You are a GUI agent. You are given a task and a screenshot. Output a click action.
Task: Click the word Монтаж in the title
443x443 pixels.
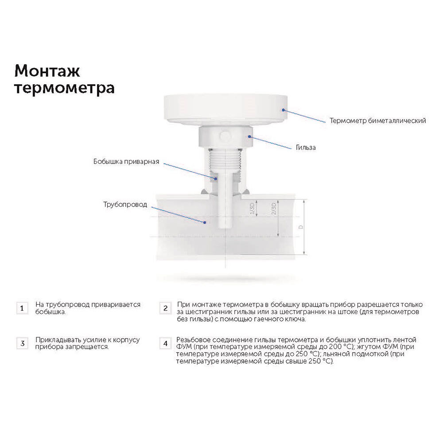[x=47, y=70]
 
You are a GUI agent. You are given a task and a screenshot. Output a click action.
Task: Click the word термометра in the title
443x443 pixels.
[x=64, y=89]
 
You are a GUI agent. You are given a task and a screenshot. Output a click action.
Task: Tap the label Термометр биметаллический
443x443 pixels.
[x=378, y=120]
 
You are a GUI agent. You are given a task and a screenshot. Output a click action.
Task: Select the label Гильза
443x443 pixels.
[x=306, y=147]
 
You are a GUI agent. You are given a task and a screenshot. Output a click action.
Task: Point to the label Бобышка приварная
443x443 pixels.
[x=126, y=162]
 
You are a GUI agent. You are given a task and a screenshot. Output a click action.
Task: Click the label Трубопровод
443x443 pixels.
[x=125, y=205]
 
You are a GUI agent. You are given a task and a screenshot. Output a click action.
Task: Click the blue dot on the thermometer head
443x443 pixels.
[x=284, y=110]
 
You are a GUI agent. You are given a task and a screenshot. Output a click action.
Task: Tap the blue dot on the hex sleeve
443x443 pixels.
[x=250, y=136]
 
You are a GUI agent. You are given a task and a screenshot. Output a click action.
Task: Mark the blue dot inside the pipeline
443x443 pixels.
[x=205, y=222]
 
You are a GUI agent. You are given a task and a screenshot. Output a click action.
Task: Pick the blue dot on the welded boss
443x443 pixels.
[x=216, y=178]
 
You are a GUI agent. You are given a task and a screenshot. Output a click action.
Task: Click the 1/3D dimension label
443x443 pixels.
[x=253, y=208]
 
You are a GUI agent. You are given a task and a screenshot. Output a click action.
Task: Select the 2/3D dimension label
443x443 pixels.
[x=273, y=208]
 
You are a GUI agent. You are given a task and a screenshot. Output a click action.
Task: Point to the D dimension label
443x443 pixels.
[x=301, y=227]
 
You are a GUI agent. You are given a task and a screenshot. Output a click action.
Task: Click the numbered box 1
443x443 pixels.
[x=22, y=308]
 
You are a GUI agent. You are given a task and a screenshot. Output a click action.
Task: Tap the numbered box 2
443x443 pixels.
[x=165, y=308]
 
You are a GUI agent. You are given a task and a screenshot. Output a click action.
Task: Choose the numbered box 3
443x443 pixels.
[x=22, y=343]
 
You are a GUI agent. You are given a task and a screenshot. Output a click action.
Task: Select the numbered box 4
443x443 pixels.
[x=165, y=343]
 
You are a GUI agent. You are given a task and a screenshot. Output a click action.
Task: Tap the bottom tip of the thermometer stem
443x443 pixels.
[x=225, y=228]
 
